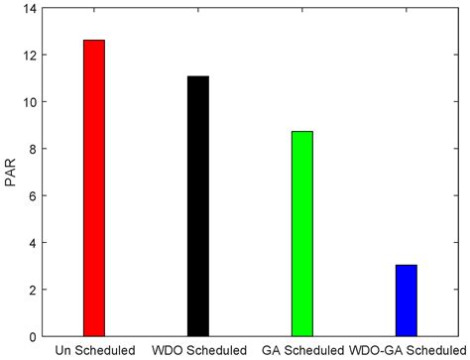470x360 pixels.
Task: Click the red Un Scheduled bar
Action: pyautogui.click(x=94, y=188)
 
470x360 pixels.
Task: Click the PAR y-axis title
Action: pyautogui.click(x=11, y=173)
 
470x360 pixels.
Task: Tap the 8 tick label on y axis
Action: pyautogui.click(x=32, y=150)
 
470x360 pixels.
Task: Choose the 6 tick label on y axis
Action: pyautogui.click(x=32, y=196)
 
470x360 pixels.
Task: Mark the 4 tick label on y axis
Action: pyautogui.click(x=32, y=243)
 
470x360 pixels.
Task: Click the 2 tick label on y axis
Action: pyautogui.click(x=32, y=290)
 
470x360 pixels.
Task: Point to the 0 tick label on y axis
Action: pyautogui.click(x=32, y=336)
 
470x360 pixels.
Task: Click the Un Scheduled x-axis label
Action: pyautogui.click(x=94, y=350)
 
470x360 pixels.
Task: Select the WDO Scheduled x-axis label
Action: pyautogui.click(x=198, y=350)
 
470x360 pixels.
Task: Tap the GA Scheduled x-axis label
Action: pyautogui.click(x=302, y=350)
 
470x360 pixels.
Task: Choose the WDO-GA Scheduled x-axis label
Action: pyautogui.click(x=407, y=350)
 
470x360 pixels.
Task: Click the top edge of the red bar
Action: pyautogui.click(x=94, y=41)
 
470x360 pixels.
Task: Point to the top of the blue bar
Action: pyautogui.click(x=406, y=266)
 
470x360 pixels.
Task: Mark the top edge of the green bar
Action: pyautogui.click(x=301, y=132)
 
